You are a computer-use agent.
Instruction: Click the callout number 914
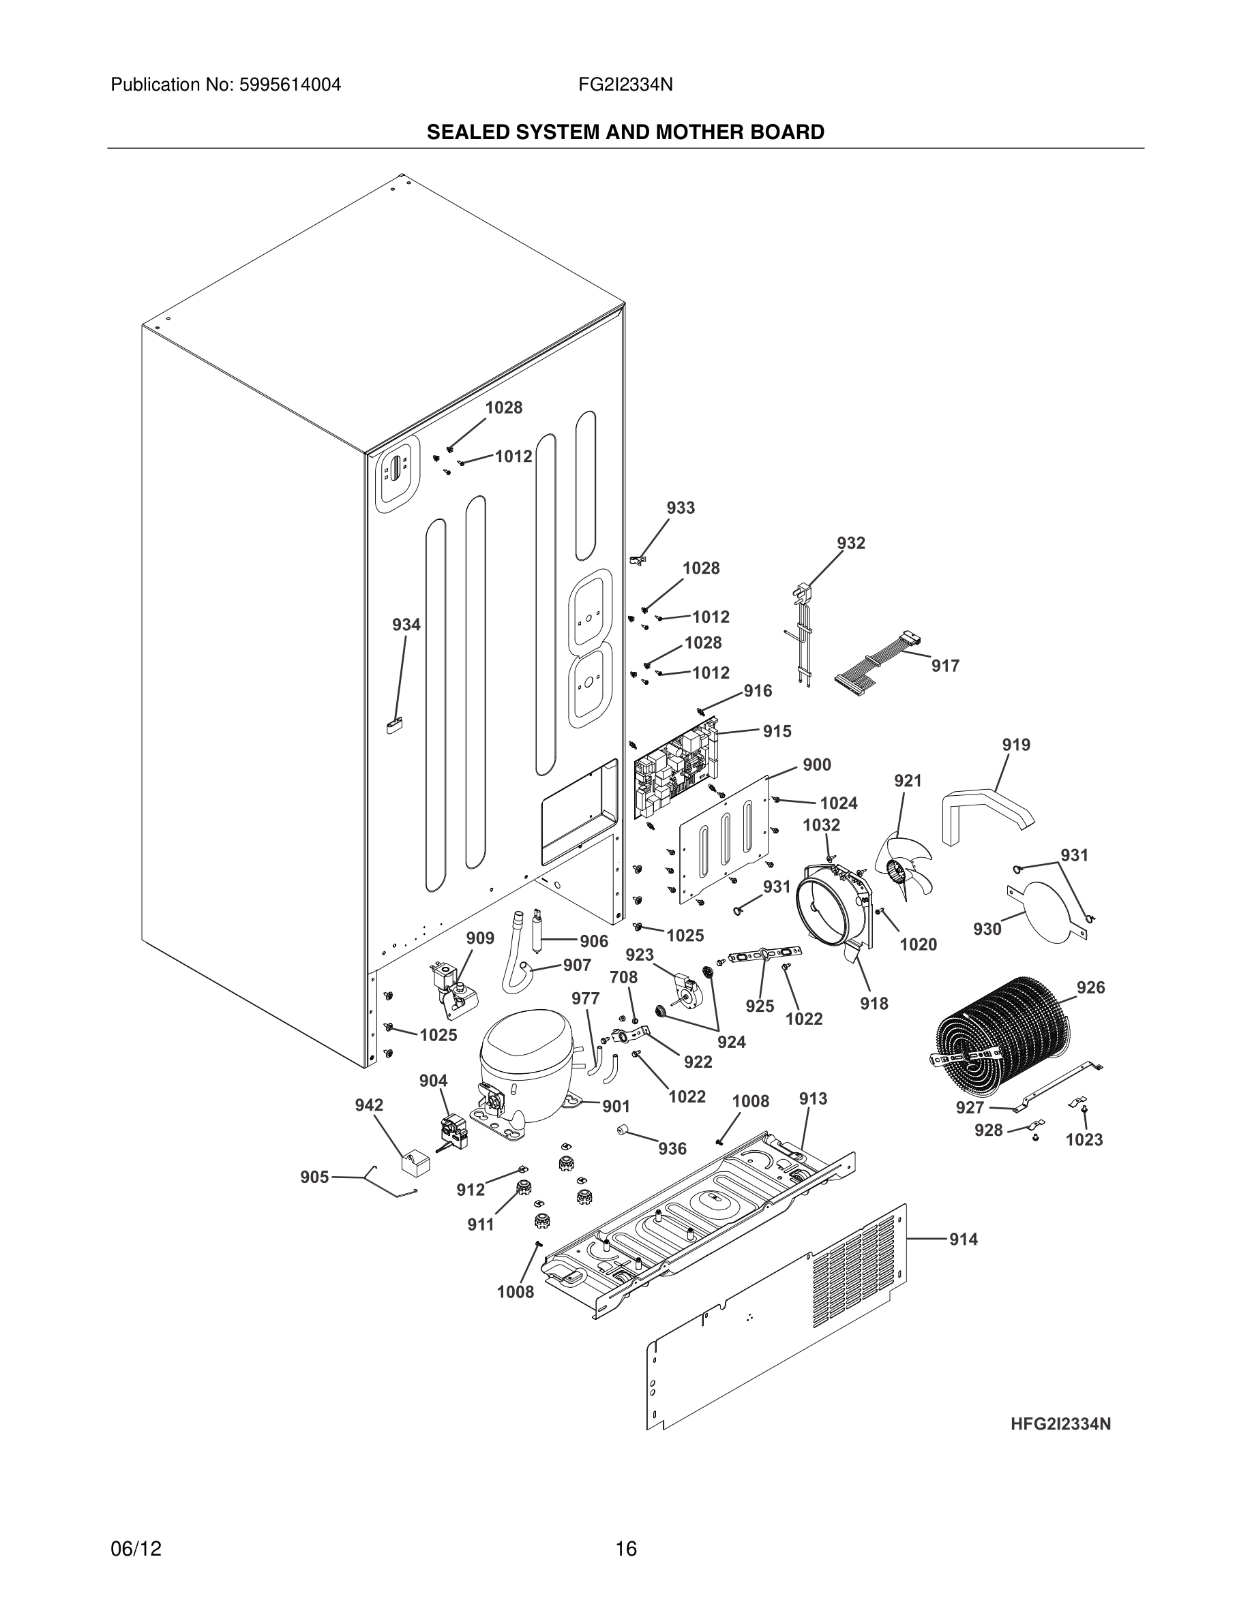point(964,1239)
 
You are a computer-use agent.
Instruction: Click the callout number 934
point(406,625)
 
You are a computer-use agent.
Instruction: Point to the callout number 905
point(314,1177)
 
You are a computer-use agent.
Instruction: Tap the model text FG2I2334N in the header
point(625,84)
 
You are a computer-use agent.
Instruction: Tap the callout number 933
point(680,508)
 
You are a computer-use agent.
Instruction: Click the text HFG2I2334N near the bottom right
point(1060,1424)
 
